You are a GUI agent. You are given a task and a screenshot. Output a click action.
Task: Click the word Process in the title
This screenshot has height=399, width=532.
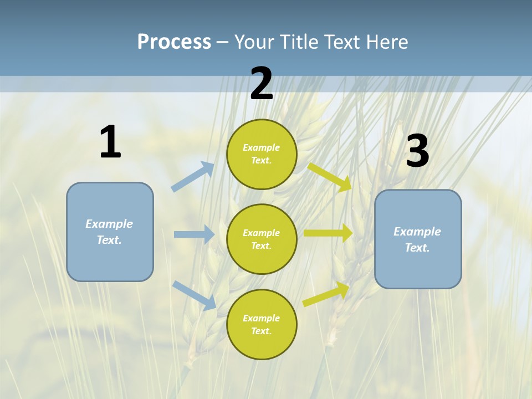pos(174,42)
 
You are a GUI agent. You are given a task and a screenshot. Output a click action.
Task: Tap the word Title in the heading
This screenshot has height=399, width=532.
pos(299,42)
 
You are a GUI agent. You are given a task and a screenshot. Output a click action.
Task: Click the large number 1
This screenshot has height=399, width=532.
pos(110,142)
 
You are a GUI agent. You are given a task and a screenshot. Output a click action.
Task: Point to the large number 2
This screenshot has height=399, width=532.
pos(262,84)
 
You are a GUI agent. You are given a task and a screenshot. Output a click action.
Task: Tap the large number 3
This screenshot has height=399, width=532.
pos(417,151)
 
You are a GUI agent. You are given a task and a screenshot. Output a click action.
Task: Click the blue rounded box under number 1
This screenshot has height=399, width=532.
pos(110,232)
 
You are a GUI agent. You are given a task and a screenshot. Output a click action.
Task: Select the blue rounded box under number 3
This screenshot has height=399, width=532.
pos(418,239)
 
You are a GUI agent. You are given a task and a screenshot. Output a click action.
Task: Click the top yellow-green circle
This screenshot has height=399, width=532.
pos(262,154)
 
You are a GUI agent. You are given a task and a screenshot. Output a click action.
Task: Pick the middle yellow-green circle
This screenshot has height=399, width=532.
pos(262,239)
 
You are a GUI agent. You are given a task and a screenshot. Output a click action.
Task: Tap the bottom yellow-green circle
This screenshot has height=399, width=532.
pos(262,324)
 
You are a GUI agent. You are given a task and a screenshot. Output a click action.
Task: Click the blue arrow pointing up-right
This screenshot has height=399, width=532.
pos(193,177)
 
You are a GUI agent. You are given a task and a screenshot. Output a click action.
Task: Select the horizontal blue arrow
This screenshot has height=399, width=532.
pos(194,234)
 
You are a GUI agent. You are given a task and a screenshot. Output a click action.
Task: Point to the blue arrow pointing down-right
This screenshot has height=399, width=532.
pos(195,295)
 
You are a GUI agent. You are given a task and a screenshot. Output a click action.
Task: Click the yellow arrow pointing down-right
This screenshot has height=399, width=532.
pos(330,177)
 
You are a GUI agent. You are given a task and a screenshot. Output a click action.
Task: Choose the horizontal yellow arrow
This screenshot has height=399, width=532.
pos(328,233)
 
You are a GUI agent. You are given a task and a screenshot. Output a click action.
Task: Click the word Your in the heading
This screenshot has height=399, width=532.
pos(254,42)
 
